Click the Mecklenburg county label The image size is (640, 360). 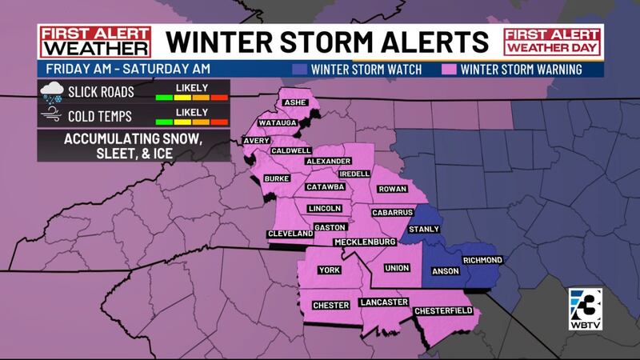(x=365, y=242)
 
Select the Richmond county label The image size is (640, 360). (x=482, y=260)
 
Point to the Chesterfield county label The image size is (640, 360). (x=442, y=310)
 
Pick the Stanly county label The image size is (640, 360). (x=424, y=230)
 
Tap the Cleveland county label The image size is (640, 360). (x=290, y=234)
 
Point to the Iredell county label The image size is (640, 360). (x=354, y=174)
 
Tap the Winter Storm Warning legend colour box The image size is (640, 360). (x=452, y=69)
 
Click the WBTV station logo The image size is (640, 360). (x=584, y=308)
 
